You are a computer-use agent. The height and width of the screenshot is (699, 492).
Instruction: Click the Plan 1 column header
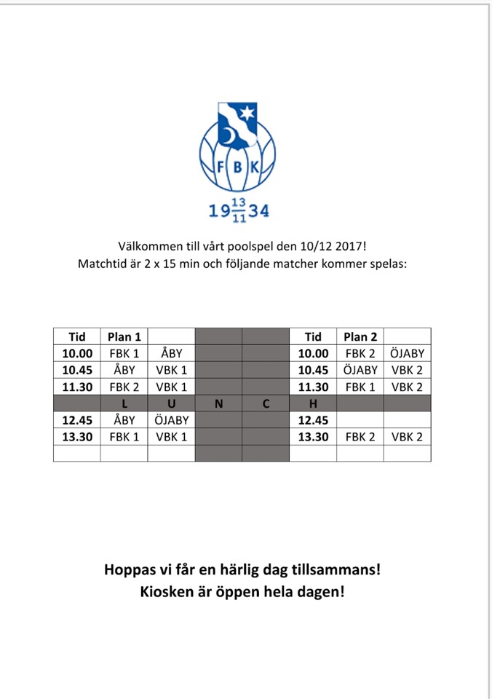124,336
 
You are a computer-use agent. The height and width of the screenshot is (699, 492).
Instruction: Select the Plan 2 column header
360,336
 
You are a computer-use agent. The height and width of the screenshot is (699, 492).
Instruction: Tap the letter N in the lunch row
218,403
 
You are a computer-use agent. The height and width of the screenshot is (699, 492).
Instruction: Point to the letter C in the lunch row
266,403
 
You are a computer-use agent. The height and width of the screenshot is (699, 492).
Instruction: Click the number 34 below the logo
259,211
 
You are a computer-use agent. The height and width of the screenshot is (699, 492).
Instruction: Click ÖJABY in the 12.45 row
172,420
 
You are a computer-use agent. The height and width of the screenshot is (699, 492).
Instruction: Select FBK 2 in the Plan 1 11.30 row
124,387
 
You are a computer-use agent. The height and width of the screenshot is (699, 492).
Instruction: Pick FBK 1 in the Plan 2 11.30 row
360,387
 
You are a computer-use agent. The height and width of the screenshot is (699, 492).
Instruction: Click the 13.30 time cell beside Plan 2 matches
313,437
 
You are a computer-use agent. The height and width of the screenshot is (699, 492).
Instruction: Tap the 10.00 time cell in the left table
76,353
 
